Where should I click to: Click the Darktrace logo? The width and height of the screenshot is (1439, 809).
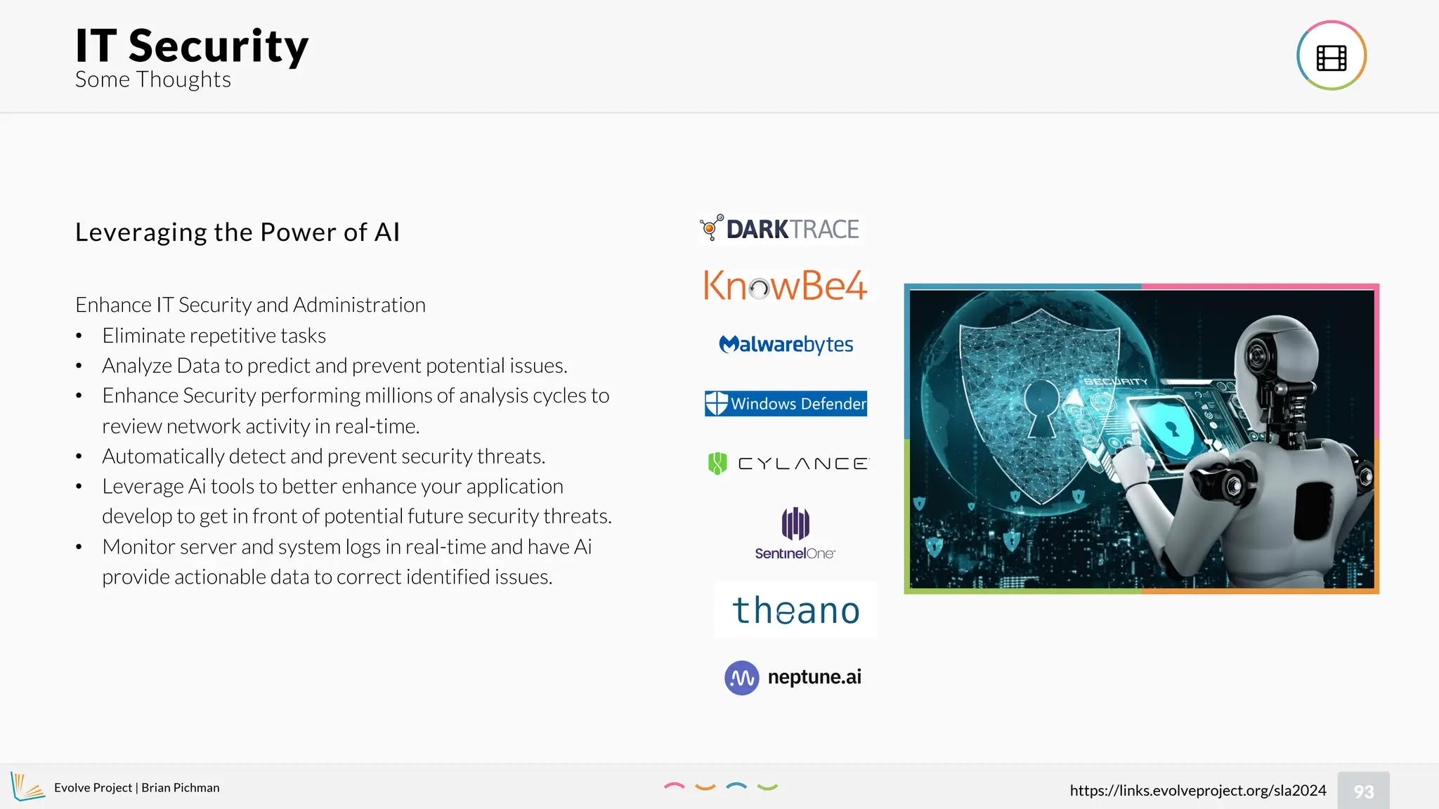pyautogui.click(x=780, y=229)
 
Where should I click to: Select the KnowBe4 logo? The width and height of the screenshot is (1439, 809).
pyautogui.click(x=785, y=286)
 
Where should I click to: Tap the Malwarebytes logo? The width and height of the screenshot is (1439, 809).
pyautogui.click(x=786, y=344)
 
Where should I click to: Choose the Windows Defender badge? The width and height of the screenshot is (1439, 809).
pyautogui.click(x=786, y=404)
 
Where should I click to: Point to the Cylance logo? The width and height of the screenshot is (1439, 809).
pyautogui.click(x=788, y=463)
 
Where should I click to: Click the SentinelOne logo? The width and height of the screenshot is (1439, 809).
pyautogui.click(x=795, y=533)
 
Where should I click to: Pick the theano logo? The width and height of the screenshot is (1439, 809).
pyautogui.click(x=796, y=610)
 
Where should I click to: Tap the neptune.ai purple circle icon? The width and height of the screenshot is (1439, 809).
pyautogui.click(x=741, y=678)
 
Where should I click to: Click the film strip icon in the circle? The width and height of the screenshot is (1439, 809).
pyautogui.click(x=1331, y=56)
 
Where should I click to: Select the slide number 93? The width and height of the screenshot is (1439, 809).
pyautogui.click(x=1363, y=791)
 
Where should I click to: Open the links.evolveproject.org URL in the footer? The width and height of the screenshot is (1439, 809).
pyautogui.click(x=1197, y=791)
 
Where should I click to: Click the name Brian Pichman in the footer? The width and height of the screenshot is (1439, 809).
pyautogui.click(x=181, y=788)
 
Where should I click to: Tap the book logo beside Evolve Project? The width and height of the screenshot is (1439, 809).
pyautogui.click(x=27, y=787)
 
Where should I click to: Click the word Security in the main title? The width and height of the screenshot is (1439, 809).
pyautogui.click(x=219, y=46)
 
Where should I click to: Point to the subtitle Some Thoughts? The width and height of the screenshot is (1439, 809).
pyautogui.click(x=153, y=80)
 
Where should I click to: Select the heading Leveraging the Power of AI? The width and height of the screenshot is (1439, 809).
pyautogui.click(x=237, y=232)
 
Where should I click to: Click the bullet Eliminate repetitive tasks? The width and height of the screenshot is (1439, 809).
pyautogui.click(x=214, y=336)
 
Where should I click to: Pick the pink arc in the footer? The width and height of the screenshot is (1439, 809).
pyautogui.click(x=674, y=786)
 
